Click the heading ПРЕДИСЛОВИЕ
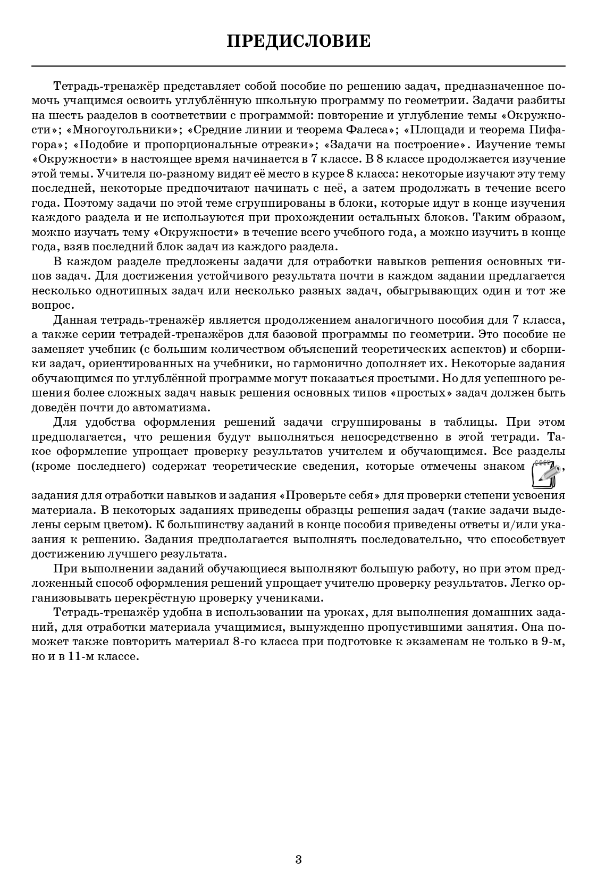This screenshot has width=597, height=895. tap(298, 41)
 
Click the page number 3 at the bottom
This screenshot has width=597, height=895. tap(298, 859)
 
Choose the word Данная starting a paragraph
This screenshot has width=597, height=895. tap(75, 320)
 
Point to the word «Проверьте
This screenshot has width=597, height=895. tap(312, 495)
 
